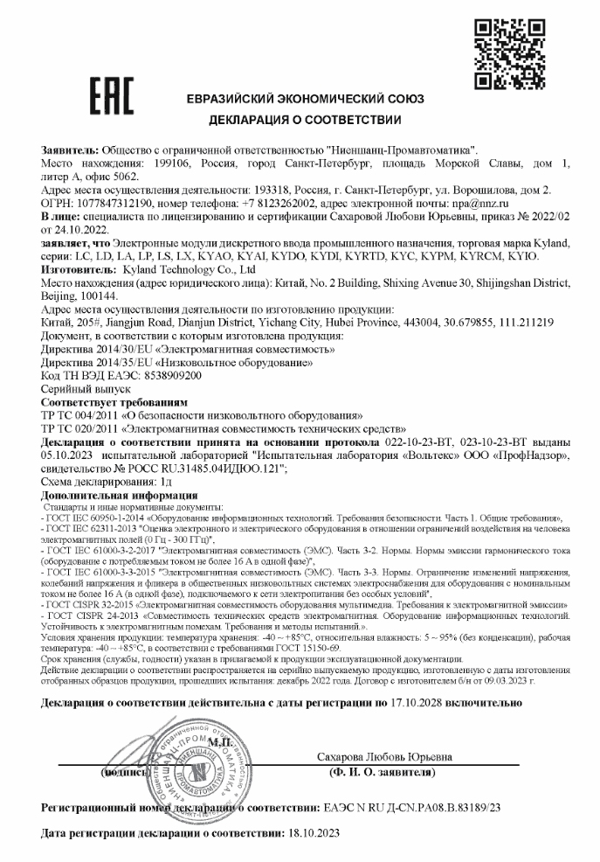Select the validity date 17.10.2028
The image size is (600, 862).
[x=417, y=702]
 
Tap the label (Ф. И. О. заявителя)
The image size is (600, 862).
[x=376, y=774]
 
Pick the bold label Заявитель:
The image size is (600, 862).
[x=70, y=152]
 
